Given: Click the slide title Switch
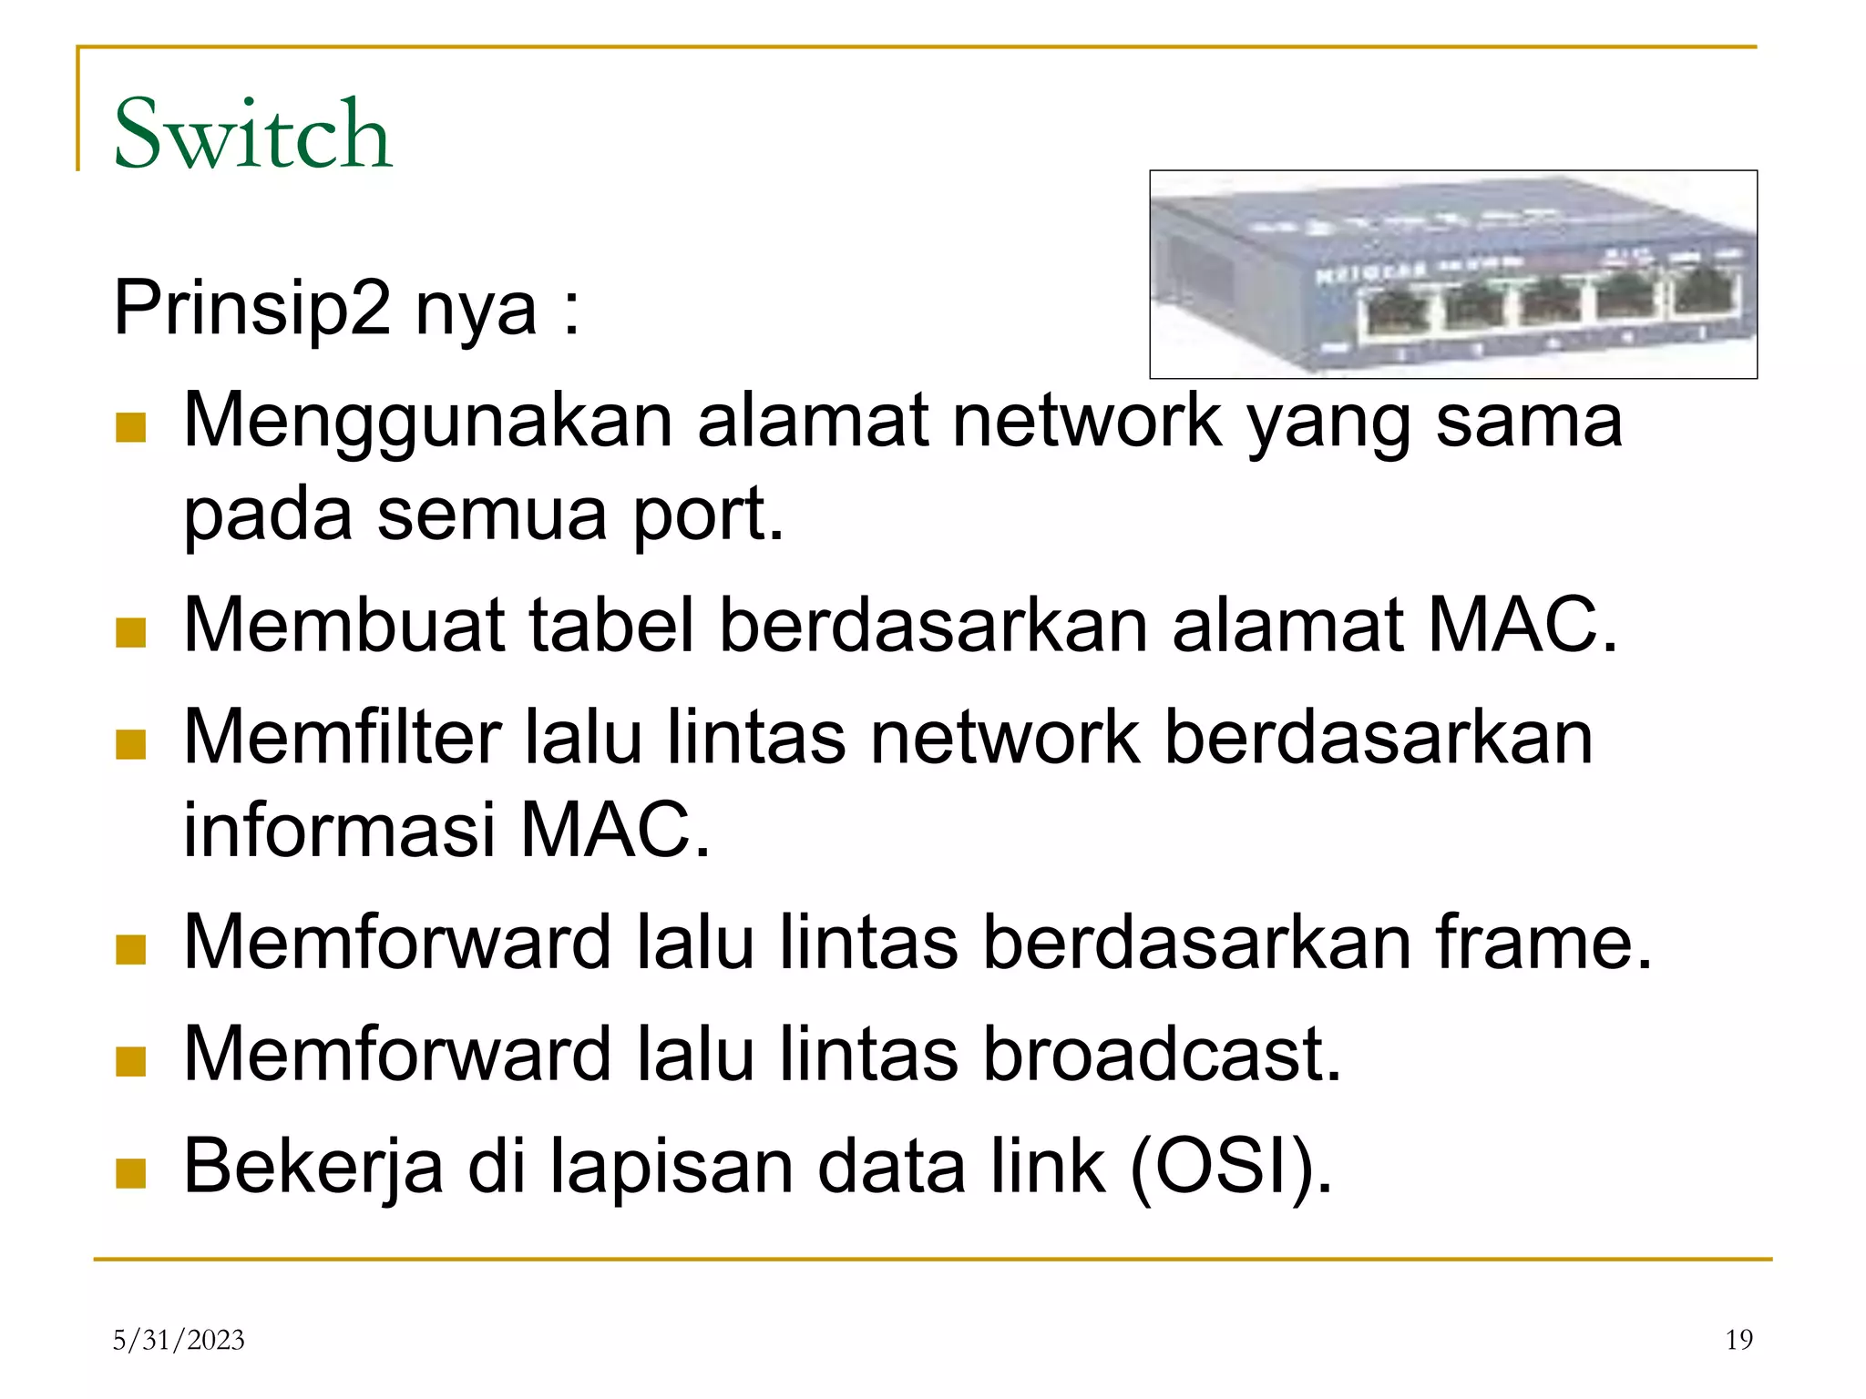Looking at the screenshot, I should click(252, 134).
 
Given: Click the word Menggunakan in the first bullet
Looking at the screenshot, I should click(427, 422).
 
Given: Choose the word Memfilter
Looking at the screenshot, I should click(343, 737).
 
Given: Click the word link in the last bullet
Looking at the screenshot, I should click(1048, 1166).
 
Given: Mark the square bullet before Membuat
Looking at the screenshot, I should click(131, 632).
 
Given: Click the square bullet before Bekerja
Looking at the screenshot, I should click(131, 1173).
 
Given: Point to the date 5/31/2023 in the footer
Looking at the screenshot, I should click(179, 1340).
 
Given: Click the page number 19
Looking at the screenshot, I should click(1738, 1340).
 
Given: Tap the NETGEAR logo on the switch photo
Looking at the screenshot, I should click(1371, 272).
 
